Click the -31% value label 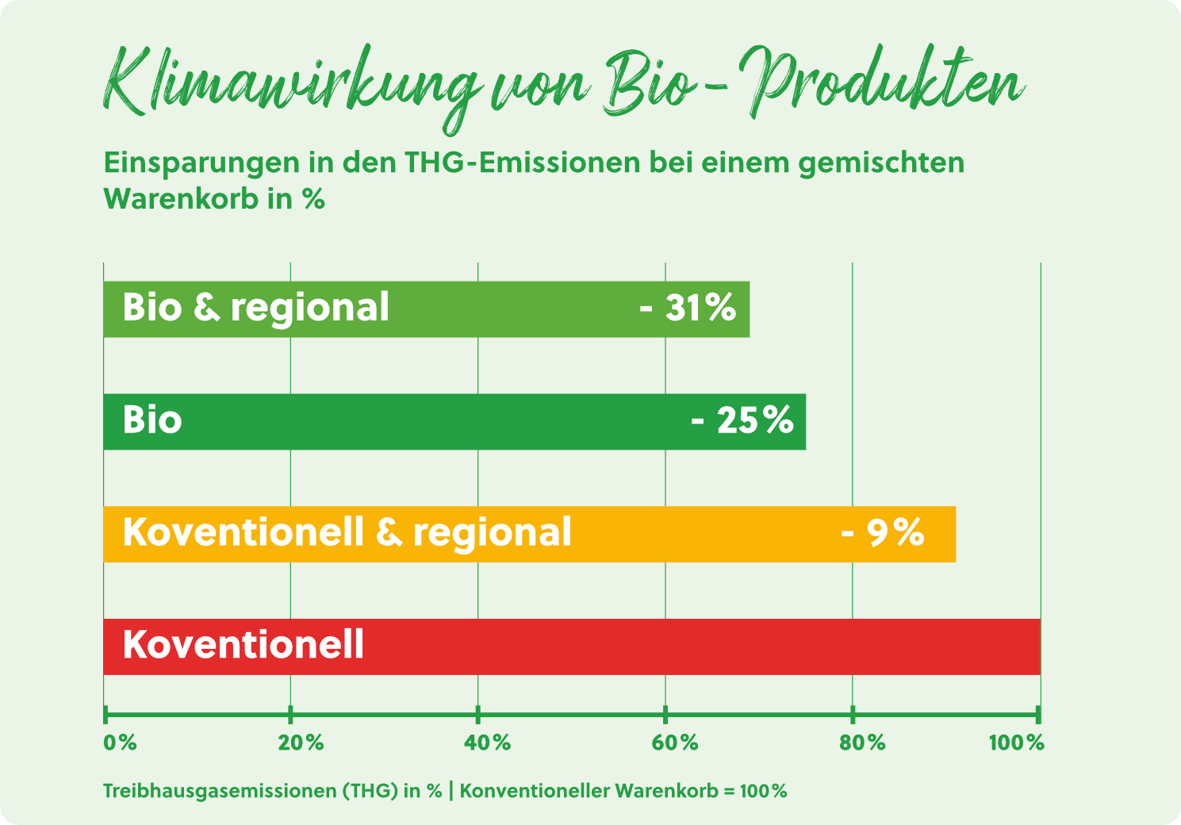(688, 307)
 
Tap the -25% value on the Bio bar (742, 420)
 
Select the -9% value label (883, 532)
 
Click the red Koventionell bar (572, 647)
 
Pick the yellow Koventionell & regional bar (529, 534)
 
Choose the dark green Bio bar (454, 422)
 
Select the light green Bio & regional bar (427, 309)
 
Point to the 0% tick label (121, 743)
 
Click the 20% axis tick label (301, 743)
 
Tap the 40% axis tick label (488, 743)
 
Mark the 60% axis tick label (675, 743)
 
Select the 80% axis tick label (863, 743)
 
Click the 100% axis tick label (1017, 743)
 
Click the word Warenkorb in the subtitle (181, 199)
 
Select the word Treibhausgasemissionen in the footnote (220, 791)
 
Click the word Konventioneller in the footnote (534, 791)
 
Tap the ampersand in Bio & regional (206, 308)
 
